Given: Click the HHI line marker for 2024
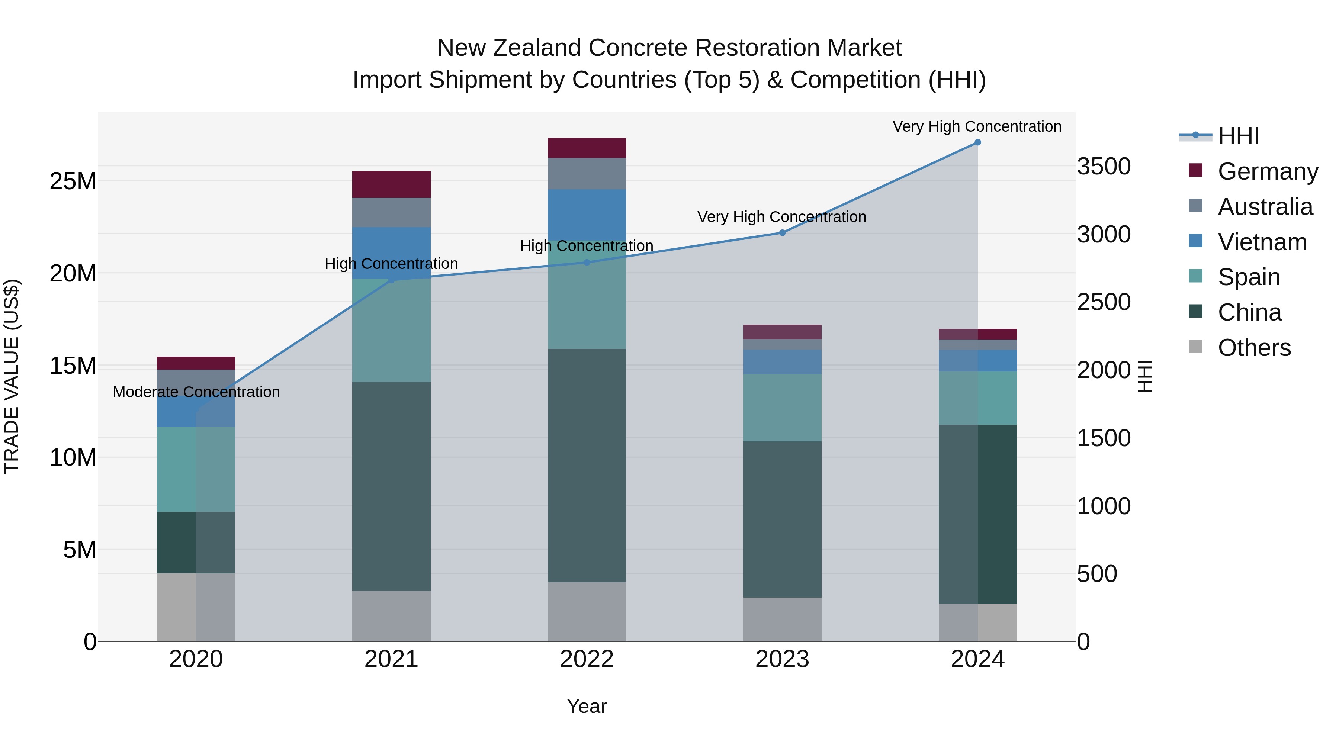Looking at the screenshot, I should coord(977,142).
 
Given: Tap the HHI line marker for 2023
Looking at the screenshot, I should coord(782,233).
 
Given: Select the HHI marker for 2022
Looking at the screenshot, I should coord(587,263).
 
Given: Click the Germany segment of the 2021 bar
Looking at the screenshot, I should coord(391,184).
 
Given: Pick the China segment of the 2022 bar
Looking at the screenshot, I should coord(587,465).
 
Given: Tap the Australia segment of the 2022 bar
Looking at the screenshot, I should coord(587,174).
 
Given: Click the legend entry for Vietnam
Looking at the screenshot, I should coord(1262,242).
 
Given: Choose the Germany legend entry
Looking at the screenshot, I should coord(1267,171).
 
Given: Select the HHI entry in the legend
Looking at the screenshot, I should coord(1237,136).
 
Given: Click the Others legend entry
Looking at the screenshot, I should coord(1254,348).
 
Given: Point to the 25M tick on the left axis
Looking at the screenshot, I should coord(73,181).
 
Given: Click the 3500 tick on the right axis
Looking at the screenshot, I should coord(1104,166).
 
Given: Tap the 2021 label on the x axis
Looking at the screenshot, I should coord(391,659).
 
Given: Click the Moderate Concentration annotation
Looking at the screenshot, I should coord(196,392).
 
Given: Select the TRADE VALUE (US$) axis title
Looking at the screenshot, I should coord(12,376).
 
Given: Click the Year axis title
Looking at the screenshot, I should coord(587,706).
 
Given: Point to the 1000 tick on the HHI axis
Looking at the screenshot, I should coord(1104,506).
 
